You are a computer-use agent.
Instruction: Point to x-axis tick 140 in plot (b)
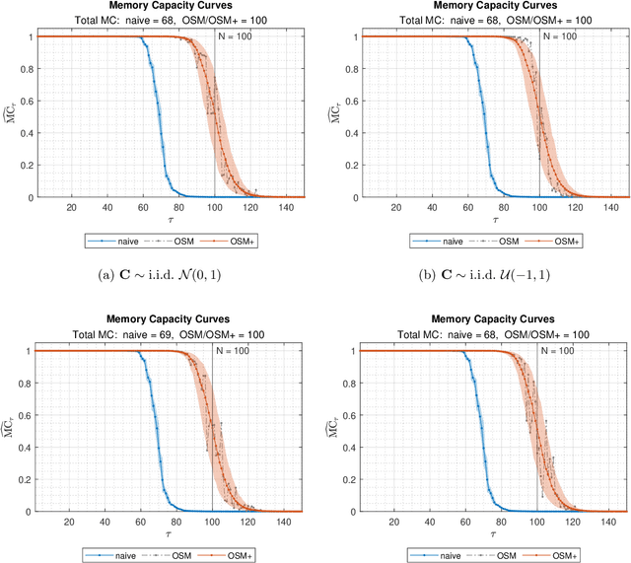tap(615, 207)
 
